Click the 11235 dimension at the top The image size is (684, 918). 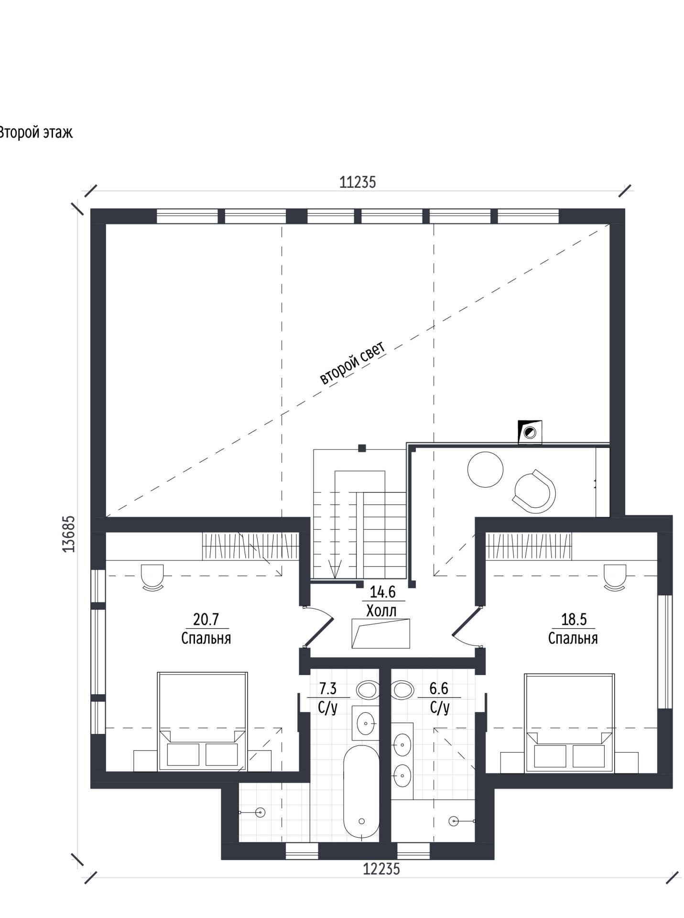358,182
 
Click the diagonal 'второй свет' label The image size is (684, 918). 352,363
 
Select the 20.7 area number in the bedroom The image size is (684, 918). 206,620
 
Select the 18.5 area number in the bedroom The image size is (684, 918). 574,620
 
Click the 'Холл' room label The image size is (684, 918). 381,611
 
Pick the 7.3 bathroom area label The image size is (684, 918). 328,688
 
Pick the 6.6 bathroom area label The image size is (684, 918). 439,688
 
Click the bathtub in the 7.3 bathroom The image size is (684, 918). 361,791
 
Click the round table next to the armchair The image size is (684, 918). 485,469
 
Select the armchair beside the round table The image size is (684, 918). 534,491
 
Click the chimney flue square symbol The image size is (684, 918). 530,433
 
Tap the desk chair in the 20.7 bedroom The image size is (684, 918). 152,578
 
